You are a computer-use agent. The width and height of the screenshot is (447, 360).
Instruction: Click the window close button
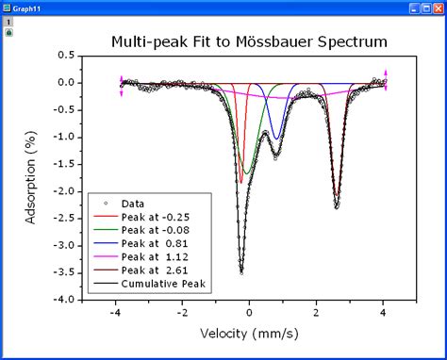(x=438, y=8)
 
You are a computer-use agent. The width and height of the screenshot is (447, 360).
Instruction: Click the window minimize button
(x=413, y=8)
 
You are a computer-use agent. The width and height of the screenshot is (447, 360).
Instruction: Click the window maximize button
(x=425, y=8)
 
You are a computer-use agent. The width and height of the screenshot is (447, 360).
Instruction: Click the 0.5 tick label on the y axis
(x=66, y=55)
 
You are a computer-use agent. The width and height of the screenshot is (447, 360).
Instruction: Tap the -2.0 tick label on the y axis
(x=63, y=191)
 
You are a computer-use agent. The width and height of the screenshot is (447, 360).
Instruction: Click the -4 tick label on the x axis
(x=114, y=315)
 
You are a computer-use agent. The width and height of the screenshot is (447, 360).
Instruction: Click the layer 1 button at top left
(x=9, y=22)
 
